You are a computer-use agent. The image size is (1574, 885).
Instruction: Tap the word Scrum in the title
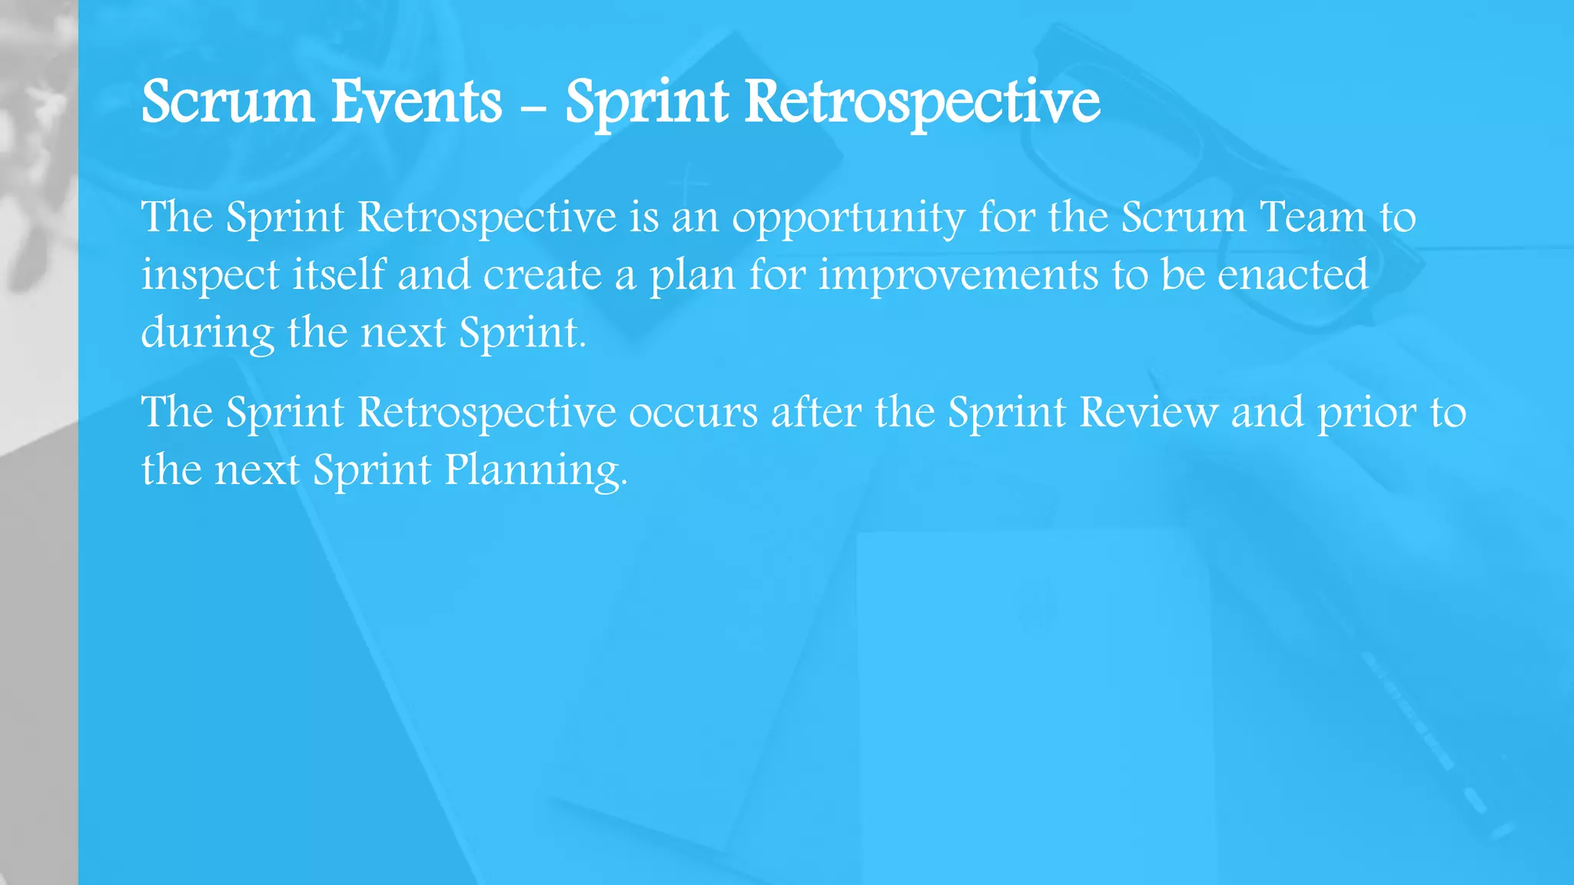227,102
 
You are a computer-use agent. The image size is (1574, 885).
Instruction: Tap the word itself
338,275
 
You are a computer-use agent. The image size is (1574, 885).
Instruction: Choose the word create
542,276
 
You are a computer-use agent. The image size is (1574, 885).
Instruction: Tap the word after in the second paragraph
815,413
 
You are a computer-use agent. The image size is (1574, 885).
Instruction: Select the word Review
1148,413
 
